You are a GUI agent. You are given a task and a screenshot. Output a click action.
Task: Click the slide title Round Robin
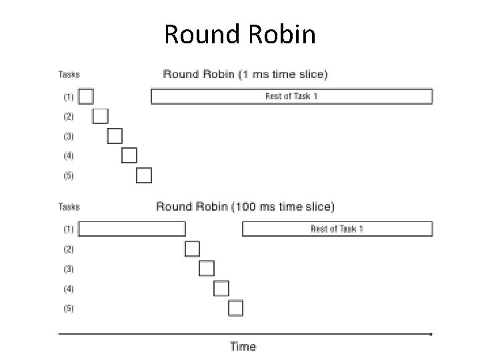tap(240, 34)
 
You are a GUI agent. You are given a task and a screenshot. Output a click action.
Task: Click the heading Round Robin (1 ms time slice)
tap(245, 75)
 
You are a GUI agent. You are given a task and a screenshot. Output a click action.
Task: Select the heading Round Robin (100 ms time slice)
tap(245, 206)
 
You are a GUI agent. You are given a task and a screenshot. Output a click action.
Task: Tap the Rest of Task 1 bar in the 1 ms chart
tap(292, 97)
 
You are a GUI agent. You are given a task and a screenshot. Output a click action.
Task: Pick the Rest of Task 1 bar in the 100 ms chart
tap(337, 229)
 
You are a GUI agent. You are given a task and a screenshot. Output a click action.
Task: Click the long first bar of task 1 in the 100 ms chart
tap(133, 229)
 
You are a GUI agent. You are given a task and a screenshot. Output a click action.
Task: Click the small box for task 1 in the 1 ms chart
tap(86, 97)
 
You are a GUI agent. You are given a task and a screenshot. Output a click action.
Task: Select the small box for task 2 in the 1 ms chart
tap(101, 116)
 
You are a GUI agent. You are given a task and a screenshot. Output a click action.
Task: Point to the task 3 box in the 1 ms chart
tap(115, 136)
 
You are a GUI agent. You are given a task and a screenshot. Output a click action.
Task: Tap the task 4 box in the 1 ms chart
tap(129, 156)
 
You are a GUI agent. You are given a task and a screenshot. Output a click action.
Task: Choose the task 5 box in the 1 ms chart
tap(144, 175)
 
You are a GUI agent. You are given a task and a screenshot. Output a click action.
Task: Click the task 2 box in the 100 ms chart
tap(193, 249)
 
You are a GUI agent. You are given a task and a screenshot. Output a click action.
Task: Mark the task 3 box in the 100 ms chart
tap(207, 269)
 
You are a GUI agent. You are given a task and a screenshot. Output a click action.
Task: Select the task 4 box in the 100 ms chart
tap(221, 289)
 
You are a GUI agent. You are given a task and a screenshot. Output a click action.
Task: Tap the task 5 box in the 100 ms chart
tap(236, 308)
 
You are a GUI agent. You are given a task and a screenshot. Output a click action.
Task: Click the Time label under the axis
tap(243, 346)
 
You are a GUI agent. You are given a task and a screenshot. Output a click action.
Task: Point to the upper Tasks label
tap(69, 75)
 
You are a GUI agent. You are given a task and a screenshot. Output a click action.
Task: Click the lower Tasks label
tap(69, 206)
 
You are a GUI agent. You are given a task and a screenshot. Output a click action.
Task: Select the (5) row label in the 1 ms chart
tap(69, 176)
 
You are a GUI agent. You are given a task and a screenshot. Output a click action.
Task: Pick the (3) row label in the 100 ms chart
tap(69, 269)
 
